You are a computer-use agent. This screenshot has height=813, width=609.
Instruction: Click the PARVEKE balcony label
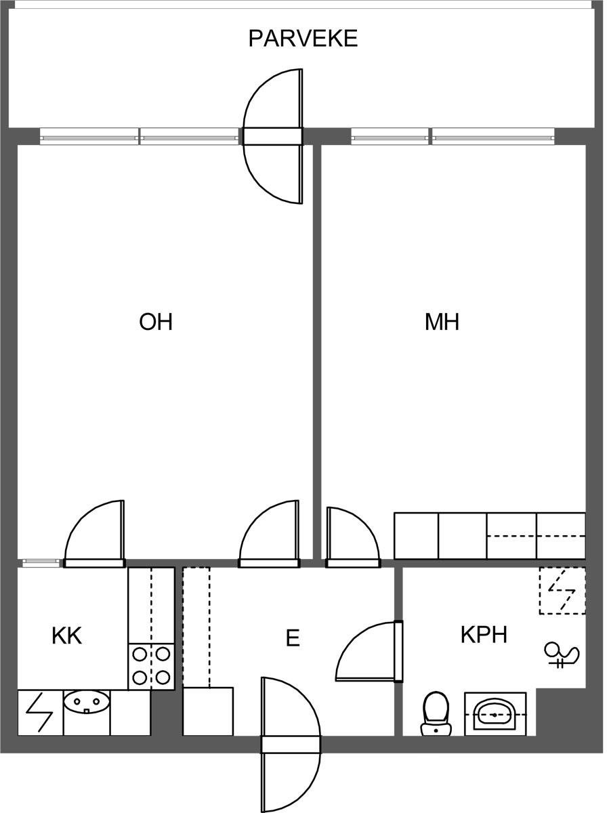(x=303, y=39)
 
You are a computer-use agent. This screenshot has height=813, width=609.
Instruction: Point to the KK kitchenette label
(x=66, y=635)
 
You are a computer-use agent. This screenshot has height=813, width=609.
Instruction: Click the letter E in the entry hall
(x=293, y=638)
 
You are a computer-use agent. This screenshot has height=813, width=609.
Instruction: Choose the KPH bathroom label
(x=484, y=634)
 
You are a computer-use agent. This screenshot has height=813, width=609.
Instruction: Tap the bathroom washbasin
(x=495, y=714)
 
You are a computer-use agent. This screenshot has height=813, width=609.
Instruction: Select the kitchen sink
(x=87, y=701)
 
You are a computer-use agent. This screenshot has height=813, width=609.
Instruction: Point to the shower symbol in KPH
(x=562, y=656)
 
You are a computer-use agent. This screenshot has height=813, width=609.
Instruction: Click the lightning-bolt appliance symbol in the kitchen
(x=39, y=712)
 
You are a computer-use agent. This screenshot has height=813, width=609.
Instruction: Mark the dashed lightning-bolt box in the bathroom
(x=562, y=591)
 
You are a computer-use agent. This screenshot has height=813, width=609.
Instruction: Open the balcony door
(x=273, y=136)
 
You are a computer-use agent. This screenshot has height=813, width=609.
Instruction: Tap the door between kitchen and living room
(x=94, y=534)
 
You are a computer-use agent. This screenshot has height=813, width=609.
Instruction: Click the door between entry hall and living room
(x=269, y=534)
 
